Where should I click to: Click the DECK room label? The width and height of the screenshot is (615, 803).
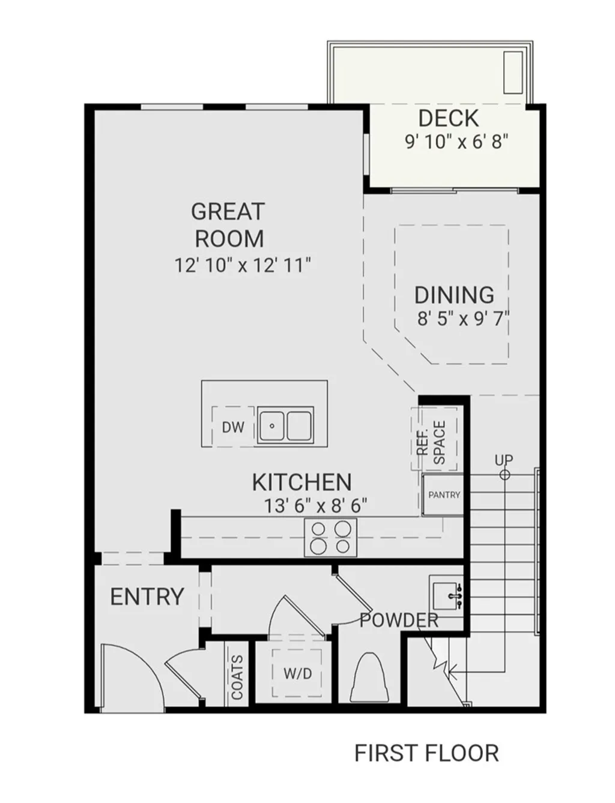[448, 118]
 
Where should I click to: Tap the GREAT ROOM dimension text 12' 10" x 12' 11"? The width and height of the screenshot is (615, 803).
[243, 265]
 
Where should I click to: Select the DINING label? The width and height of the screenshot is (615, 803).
[454, 295]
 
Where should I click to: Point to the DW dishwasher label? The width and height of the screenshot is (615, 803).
[233, 427]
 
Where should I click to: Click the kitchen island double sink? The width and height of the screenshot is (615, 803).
[285, 427]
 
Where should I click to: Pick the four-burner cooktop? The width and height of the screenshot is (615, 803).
[330, 537]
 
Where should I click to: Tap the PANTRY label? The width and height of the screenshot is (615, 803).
[444, 495]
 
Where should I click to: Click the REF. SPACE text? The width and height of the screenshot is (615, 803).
[432, 442]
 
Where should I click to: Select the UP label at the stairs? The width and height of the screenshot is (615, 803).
[503, 460]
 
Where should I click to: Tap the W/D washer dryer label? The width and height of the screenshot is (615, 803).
[298, 673]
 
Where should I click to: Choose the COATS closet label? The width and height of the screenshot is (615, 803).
[237, 678]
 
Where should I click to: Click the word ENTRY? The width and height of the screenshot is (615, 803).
[147, 597]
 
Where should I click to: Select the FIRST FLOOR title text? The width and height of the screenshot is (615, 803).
[426, 753]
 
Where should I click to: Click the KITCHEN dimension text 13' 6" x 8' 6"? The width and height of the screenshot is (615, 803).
[315, 505]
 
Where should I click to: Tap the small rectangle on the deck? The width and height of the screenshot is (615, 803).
[513, 72]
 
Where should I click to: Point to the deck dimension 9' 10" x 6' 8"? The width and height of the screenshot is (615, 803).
[456, 142]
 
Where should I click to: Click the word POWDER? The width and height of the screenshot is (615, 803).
[399, 620]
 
